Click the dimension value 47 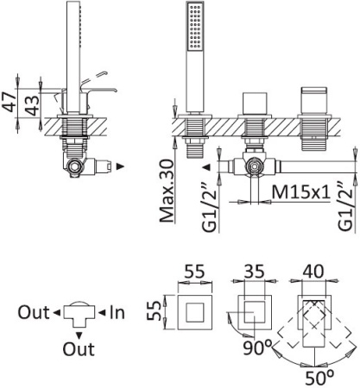tap(9, 103)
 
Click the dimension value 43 tap(31, 105)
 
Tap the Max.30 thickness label tap(167, 191)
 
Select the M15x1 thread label tap(301, 192)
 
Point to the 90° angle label tap(257, 347)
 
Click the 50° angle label tap(319, 378)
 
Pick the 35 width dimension tap(254, 271)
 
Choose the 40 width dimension tap(313, 271)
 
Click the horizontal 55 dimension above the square tap(194, 271)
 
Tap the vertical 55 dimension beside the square tap(155, 310)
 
